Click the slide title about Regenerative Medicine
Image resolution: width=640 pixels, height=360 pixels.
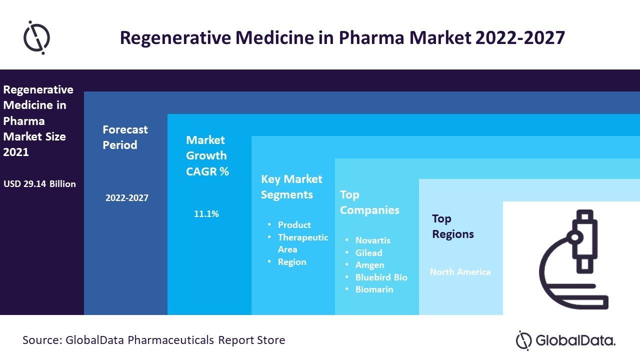(342, 38)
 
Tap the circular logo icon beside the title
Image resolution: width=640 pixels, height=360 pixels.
(37, 37)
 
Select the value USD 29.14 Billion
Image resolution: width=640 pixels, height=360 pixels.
(40, 184)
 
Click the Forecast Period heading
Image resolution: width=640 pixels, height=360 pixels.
(125, 137)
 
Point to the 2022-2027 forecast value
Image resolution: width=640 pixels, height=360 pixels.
(127, 198)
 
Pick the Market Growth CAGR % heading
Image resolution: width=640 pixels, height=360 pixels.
(207, 155)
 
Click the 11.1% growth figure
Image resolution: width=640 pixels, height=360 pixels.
(206, 214)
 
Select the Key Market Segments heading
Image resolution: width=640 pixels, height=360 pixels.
(291, 186)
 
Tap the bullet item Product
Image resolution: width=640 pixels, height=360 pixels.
(294, 225)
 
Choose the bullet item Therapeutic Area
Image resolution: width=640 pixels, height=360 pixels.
(303, 243)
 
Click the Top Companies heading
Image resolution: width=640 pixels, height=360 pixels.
(369, 202)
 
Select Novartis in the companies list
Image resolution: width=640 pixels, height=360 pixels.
(373, 240)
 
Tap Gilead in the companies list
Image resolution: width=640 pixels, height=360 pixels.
(369, 253)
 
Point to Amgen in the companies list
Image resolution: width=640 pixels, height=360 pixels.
(370, 265)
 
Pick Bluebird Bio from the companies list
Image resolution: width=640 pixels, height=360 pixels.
(381, 277)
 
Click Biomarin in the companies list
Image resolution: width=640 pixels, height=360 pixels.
(374, 289)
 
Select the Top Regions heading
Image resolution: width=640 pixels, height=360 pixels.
(453, 226)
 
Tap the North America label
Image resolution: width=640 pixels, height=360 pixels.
(460, 272)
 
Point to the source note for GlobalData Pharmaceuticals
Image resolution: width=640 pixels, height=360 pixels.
(154, 340)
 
